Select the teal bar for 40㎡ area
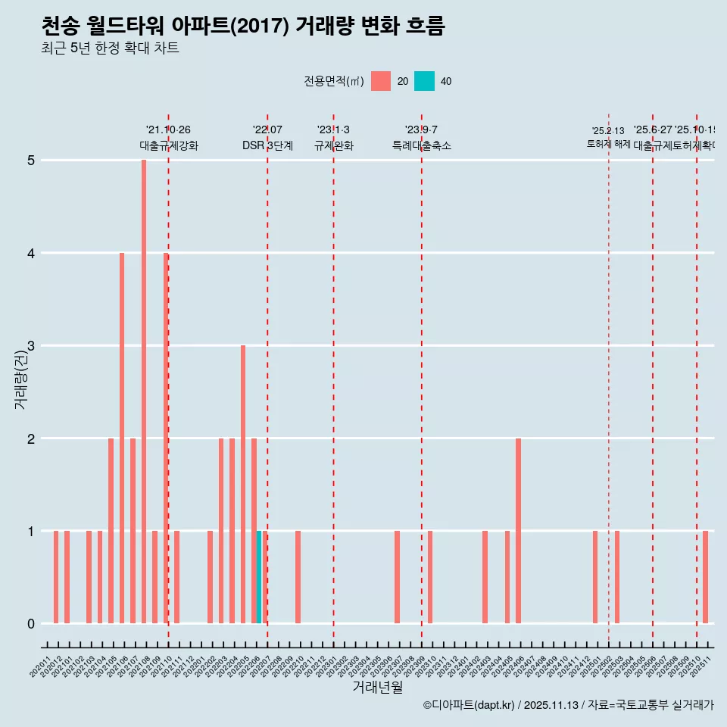click(259, 577)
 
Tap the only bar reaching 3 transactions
click(243, 484)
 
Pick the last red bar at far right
click(705, 577)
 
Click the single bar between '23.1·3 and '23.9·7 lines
click(397, 577)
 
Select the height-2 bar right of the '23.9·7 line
click(518, 530)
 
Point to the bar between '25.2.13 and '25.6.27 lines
click(617, 577)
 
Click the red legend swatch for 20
click(381, 81)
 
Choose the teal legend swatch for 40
click(425, 81)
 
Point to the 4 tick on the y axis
click(31, 253)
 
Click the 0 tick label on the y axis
click(31, 624)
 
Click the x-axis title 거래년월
click(377, 688)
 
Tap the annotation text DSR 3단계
click(267, 145)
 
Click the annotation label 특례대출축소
click(421, 145)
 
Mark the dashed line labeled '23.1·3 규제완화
click(333, 379)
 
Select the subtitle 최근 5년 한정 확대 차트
click(110, 49)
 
